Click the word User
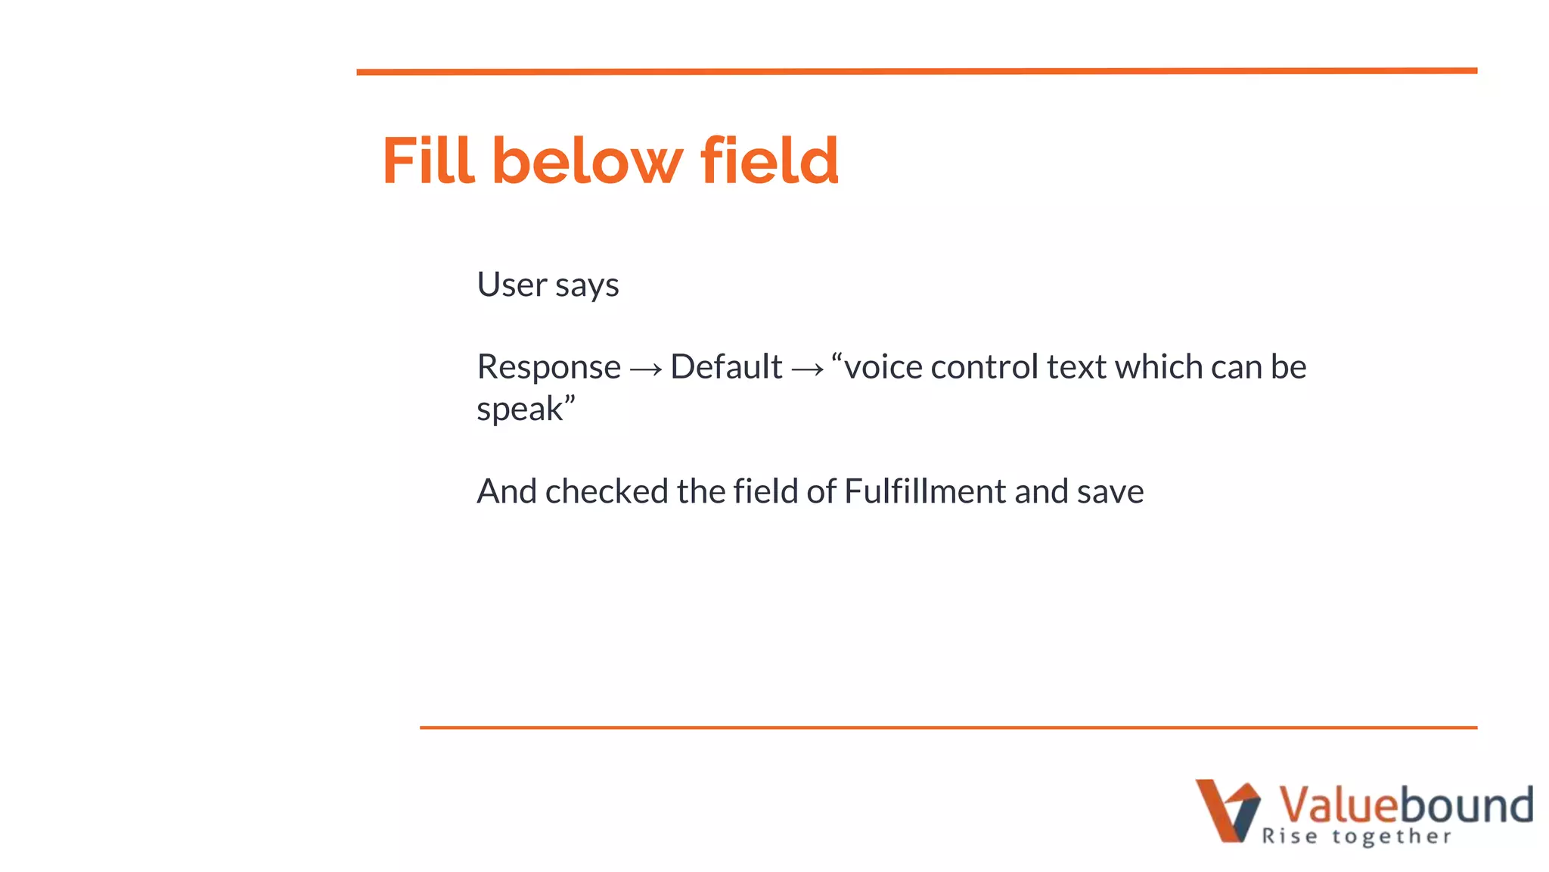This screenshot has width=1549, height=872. click(511, 285)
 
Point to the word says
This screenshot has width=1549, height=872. click(587, 286)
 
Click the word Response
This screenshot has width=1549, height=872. click(549, 368)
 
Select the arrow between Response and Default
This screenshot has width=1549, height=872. click(646, 369)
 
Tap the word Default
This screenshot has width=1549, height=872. click(726, 367)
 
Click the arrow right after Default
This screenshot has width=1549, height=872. click(807, 369)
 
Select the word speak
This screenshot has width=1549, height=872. click(520, 410)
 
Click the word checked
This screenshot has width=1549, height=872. click(607, 491)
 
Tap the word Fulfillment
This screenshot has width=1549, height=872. click(925, 491)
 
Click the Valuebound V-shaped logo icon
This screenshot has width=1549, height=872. click(1227, 810)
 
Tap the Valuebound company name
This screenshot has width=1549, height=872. click(1405, 804)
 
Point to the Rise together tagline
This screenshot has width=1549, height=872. click(1357, 836)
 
